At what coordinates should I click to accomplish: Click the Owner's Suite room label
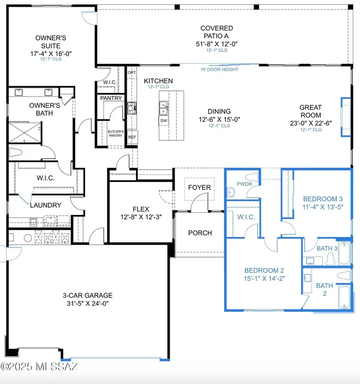51,42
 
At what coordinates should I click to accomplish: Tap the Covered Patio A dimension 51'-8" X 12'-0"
217,44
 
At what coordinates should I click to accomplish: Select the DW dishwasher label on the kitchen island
164,120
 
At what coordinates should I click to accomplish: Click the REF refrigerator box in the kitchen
132,137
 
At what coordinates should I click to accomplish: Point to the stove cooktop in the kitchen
132,108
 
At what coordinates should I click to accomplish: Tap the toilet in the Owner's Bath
16,152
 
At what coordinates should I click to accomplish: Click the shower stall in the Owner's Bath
24,132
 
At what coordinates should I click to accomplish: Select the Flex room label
141,209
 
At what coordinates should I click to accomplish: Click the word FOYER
199,187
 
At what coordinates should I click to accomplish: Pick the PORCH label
200,233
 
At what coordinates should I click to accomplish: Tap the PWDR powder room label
244,184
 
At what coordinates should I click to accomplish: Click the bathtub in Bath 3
344,253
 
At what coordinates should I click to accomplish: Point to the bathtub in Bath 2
344,297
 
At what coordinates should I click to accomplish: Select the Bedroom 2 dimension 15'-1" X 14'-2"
264,278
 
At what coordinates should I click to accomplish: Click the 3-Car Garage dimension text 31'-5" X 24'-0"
88,304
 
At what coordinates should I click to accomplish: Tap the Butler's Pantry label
116,134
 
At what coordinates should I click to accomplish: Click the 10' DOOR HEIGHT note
219,70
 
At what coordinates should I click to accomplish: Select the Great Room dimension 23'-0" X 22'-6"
311,123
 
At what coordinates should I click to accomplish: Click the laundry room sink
33,222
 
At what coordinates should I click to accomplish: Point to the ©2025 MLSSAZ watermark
39,367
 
